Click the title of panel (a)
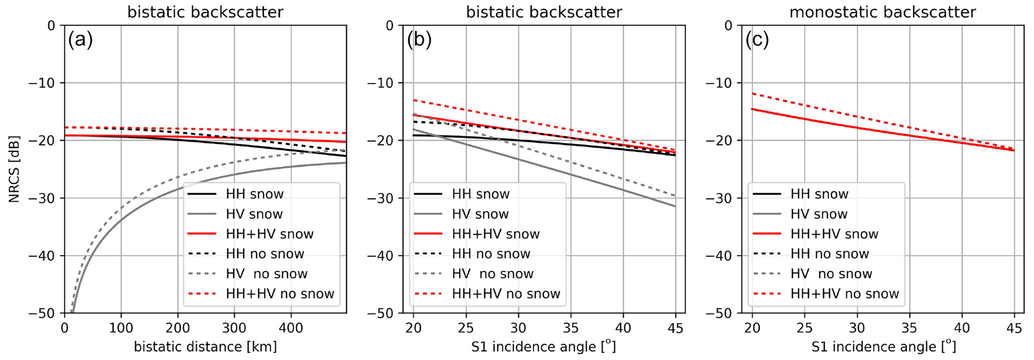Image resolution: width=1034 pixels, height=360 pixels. [205, 11]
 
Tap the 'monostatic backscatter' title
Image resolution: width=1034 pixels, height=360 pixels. [882, 11]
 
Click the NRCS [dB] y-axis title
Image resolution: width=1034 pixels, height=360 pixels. [14, 169]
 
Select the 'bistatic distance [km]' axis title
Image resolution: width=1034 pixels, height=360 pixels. [205, 346]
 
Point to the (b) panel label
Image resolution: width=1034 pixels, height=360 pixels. [419, 40]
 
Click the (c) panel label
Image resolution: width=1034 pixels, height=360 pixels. [757, 40]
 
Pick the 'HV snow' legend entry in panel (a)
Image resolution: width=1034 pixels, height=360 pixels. [254, 214]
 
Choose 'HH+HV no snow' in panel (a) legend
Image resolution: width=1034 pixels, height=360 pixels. [280, 293]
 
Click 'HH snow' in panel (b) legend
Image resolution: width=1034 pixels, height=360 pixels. [480, 194]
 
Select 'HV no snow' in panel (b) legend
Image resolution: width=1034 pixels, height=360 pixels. [492, 273]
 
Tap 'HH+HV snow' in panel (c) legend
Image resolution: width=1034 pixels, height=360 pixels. [834, 234]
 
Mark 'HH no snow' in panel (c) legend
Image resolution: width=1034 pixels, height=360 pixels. [829, 253]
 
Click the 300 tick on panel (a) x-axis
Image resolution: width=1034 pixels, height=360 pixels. [235, 327]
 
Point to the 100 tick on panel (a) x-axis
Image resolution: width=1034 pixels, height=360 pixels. [121, 327]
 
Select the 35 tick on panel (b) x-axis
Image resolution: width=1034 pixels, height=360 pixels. [571, 327]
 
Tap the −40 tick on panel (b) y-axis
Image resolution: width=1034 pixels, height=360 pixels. [383, 255]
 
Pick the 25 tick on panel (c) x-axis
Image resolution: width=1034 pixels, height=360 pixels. [805, 327]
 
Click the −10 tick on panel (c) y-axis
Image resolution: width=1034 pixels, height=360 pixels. [722, 82]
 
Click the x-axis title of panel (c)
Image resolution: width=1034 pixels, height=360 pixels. [882, 346]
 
